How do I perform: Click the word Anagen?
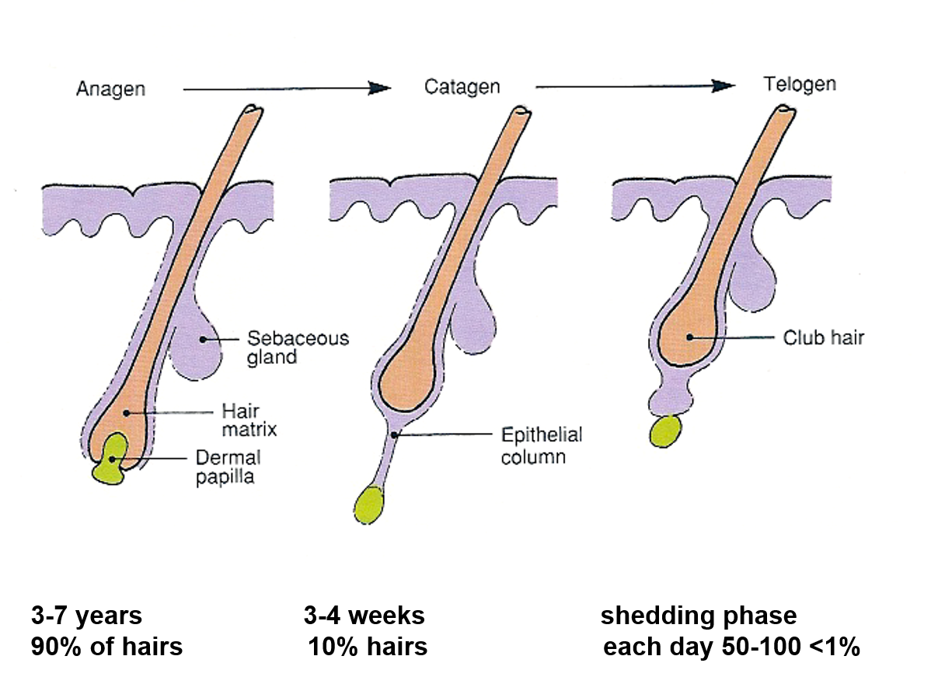110,89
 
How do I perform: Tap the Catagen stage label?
462,86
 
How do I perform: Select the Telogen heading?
800,84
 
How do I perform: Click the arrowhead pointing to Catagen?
380,89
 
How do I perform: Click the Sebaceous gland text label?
298,347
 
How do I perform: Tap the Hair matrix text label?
249,420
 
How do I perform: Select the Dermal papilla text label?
227,466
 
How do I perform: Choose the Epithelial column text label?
541,445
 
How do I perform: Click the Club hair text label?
823,338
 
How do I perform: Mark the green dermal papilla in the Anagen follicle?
111,461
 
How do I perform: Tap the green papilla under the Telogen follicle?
664,431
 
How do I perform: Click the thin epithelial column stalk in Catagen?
386,459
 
